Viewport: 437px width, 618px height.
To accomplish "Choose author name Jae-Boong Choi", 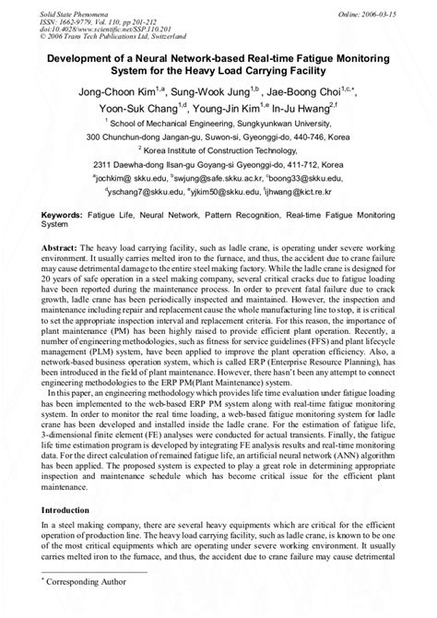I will (311, 91).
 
